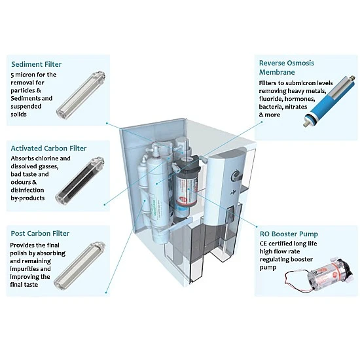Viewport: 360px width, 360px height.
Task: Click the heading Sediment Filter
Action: (36, 64)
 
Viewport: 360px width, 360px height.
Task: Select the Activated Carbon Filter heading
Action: (48, 149)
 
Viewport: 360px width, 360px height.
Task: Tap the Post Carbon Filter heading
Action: (40, 234)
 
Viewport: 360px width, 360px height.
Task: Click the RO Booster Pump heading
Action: (289, 234)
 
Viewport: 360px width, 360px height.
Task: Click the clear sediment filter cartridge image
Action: (81, 96)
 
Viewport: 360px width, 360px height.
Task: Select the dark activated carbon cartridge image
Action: (80, 181)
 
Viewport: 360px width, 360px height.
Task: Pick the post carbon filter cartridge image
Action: (79, 265)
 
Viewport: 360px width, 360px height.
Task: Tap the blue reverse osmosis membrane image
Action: (330, 101)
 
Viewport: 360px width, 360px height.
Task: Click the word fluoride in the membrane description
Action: (270, 99)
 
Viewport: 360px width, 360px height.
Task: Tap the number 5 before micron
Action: (12, 75)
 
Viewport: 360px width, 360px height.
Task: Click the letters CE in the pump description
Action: (263, 243)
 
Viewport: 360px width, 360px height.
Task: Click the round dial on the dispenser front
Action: (236, 175)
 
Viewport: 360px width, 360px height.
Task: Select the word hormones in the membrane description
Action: (300, 99)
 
